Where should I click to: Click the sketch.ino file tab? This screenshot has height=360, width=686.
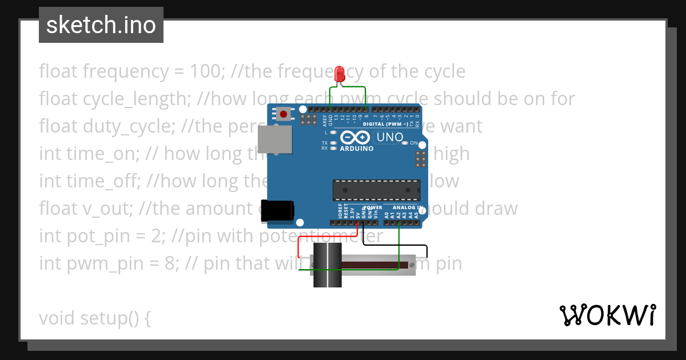101,25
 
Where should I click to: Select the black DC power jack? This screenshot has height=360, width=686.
277,210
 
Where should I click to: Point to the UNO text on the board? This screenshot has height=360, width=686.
389,137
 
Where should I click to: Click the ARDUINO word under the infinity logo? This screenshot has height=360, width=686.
356,149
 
